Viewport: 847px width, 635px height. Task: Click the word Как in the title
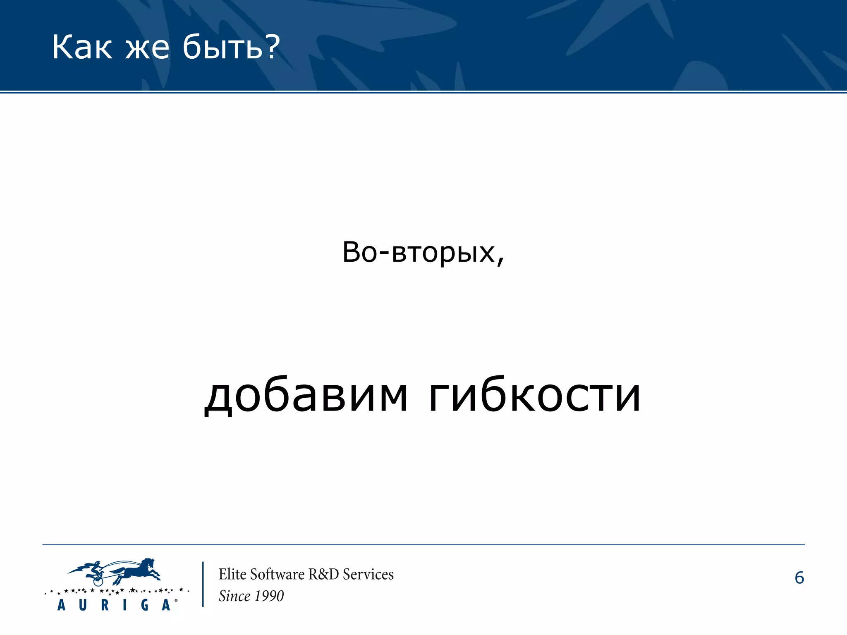click(82, 48)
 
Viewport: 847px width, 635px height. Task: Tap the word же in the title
click(147, 48)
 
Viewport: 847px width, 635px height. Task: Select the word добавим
click(306, 396)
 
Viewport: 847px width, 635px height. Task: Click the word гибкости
click(534, 396)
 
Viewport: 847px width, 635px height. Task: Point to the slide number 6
click(799, 578)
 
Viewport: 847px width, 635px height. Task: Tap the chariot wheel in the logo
click(98, 581)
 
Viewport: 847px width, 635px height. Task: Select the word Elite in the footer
click(232, 574)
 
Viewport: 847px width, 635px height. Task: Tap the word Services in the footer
click(368, 574)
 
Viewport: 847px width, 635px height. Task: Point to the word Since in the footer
click(234, 596)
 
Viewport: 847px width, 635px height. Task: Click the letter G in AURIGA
click(145, 605)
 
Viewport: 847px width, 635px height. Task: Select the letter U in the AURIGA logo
click(83, 605)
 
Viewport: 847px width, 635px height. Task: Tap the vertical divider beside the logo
click(203, 584)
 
